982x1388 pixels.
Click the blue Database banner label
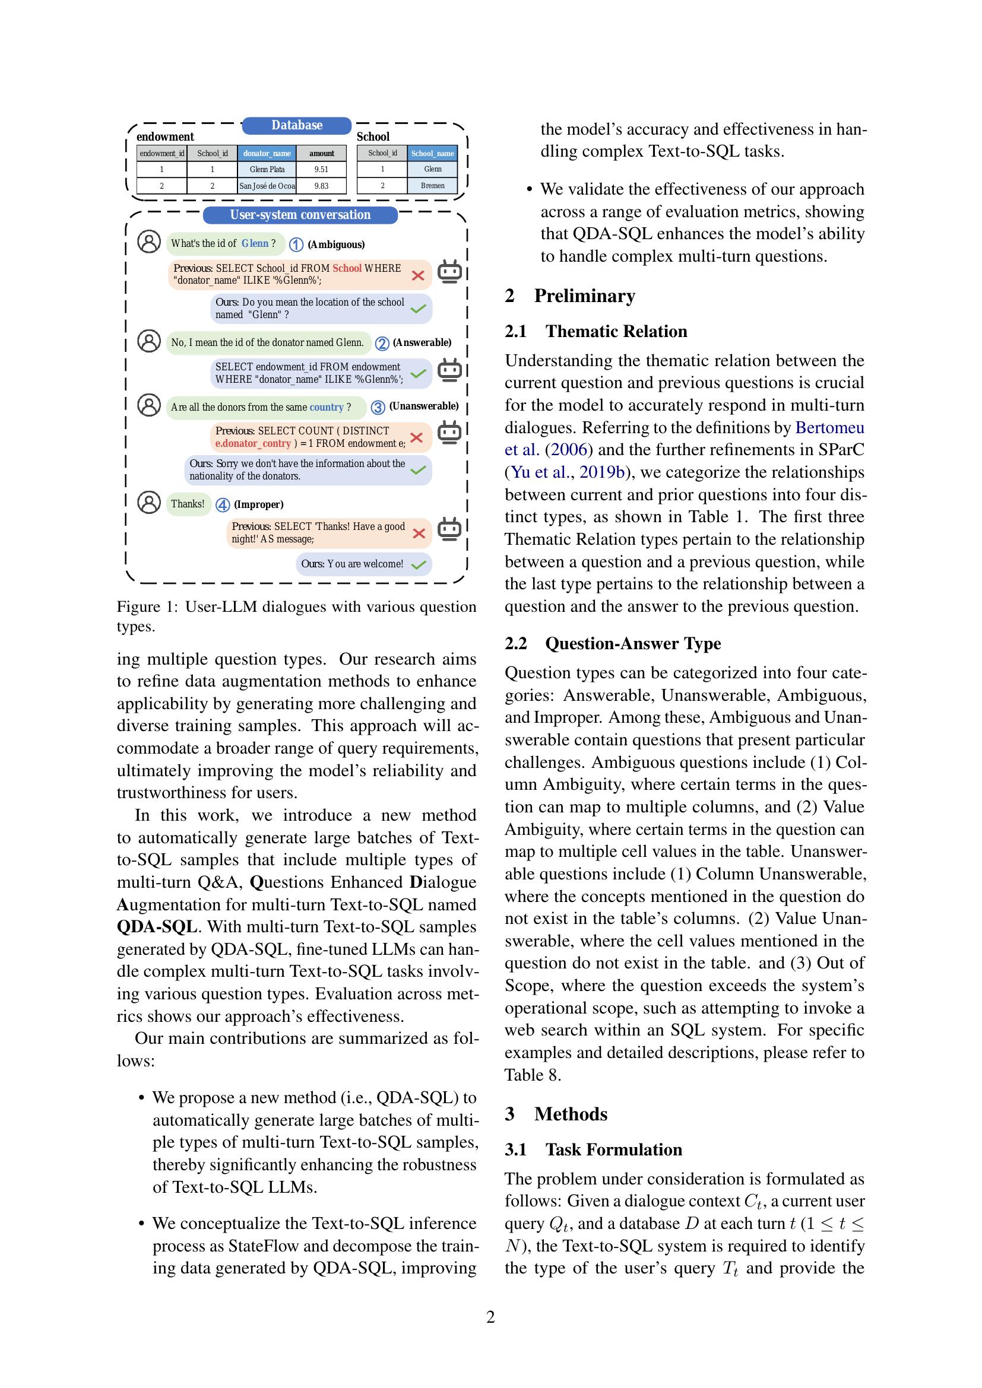296,125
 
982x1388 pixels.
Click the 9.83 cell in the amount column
321,186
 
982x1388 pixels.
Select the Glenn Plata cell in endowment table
267,169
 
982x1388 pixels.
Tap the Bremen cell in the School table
432,186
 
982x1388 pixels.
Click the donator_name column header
267,154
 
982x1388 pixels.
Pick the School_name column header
432,154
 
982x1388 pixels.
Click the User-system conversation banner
300,215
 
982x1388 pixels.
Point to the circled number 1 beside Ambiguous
296,244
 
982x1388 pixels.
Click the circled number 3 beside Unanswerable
378,407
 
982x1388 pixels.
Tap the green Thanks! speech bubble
188,504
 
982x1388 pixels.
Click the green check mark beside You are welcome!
419,564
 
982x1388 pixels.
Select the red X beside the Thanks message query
419,533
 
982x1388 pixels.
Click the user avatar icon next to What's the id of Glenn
149,242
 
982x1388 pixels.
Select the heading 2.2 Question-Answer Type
613,643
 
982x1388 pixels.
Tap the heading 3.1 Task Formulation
593,1149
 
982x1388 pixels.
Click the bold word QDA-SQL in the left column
157,927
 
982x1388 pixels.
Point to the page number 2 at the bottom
490,1317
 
